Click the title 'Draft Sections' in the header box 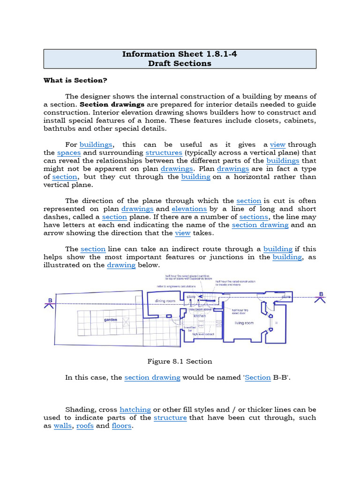[180, 63]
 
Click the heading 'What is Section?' [75, 80]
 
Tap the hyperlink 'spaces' [69, 153]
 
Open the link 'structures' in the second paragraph [164, 153]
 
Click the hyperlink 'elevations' [189, 209]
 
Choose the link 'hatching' [135, 409]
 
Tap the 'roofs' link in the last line [85, 426]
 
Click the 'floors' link [121, 426]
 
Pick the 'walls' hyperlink [62, 426]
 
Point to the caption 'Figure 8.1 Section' [180, 361]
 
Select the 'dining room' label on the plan [165, 301]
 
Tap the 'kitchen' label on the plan [200, 316]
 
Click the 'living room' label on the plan [244, 323]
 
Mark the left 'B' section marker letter [50, 300]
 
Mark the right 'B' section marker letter [321, 294]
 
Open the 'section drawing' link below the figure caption [152, 377]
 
